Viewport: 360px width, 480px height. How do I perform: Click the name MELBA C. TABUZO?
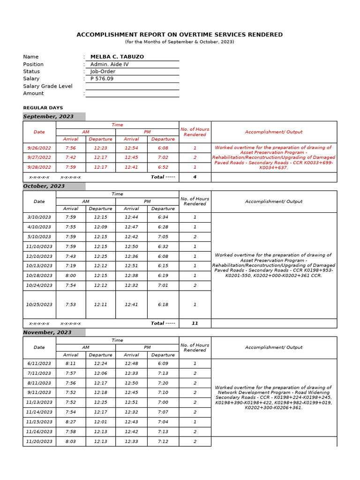[117, 57]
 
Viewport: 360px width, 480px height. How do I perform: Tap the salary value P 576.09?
[102, 79]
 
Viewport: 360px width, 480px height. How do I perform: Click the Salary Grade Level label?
[48, 86]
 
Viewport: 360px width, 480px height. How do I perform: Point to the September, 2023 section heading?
[48, 117]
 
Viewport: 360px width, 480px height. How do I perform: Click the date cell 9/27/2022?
[39, 157]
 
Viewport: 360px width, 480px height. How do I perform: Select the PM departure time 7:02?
[163, 157]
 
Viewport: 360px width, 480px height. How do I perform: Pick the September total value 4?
[195, 177]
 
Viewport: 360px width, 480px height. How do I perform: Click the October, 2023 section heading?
[44, 186]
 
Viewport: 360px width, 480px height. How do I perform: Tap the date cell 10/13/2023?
[39, 266]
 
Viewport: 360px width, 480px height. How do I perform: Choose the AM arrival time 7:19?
[71, 266]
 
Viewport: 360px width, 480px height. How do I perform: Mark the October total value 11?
[195, 323]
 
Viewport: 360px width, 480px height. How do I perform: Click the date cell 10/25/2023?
[39, 305]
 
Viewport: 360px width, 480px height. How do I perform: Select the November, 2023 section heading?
[47, 332]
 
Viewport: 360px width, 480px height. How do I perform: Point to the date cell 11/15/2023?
[39, 422]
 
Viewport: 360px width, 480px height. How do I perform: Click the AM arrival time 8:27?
[71, 422]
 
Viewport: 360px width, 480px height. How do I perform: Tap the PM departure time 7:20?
[163, 383]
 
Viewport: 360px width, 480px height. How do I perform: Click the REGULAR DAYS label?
[43, 108]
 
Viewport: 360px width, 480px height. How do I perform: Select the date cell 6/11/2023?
[39, 364]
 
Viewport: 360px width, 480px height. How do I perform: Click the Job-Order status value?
[103, 72]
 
